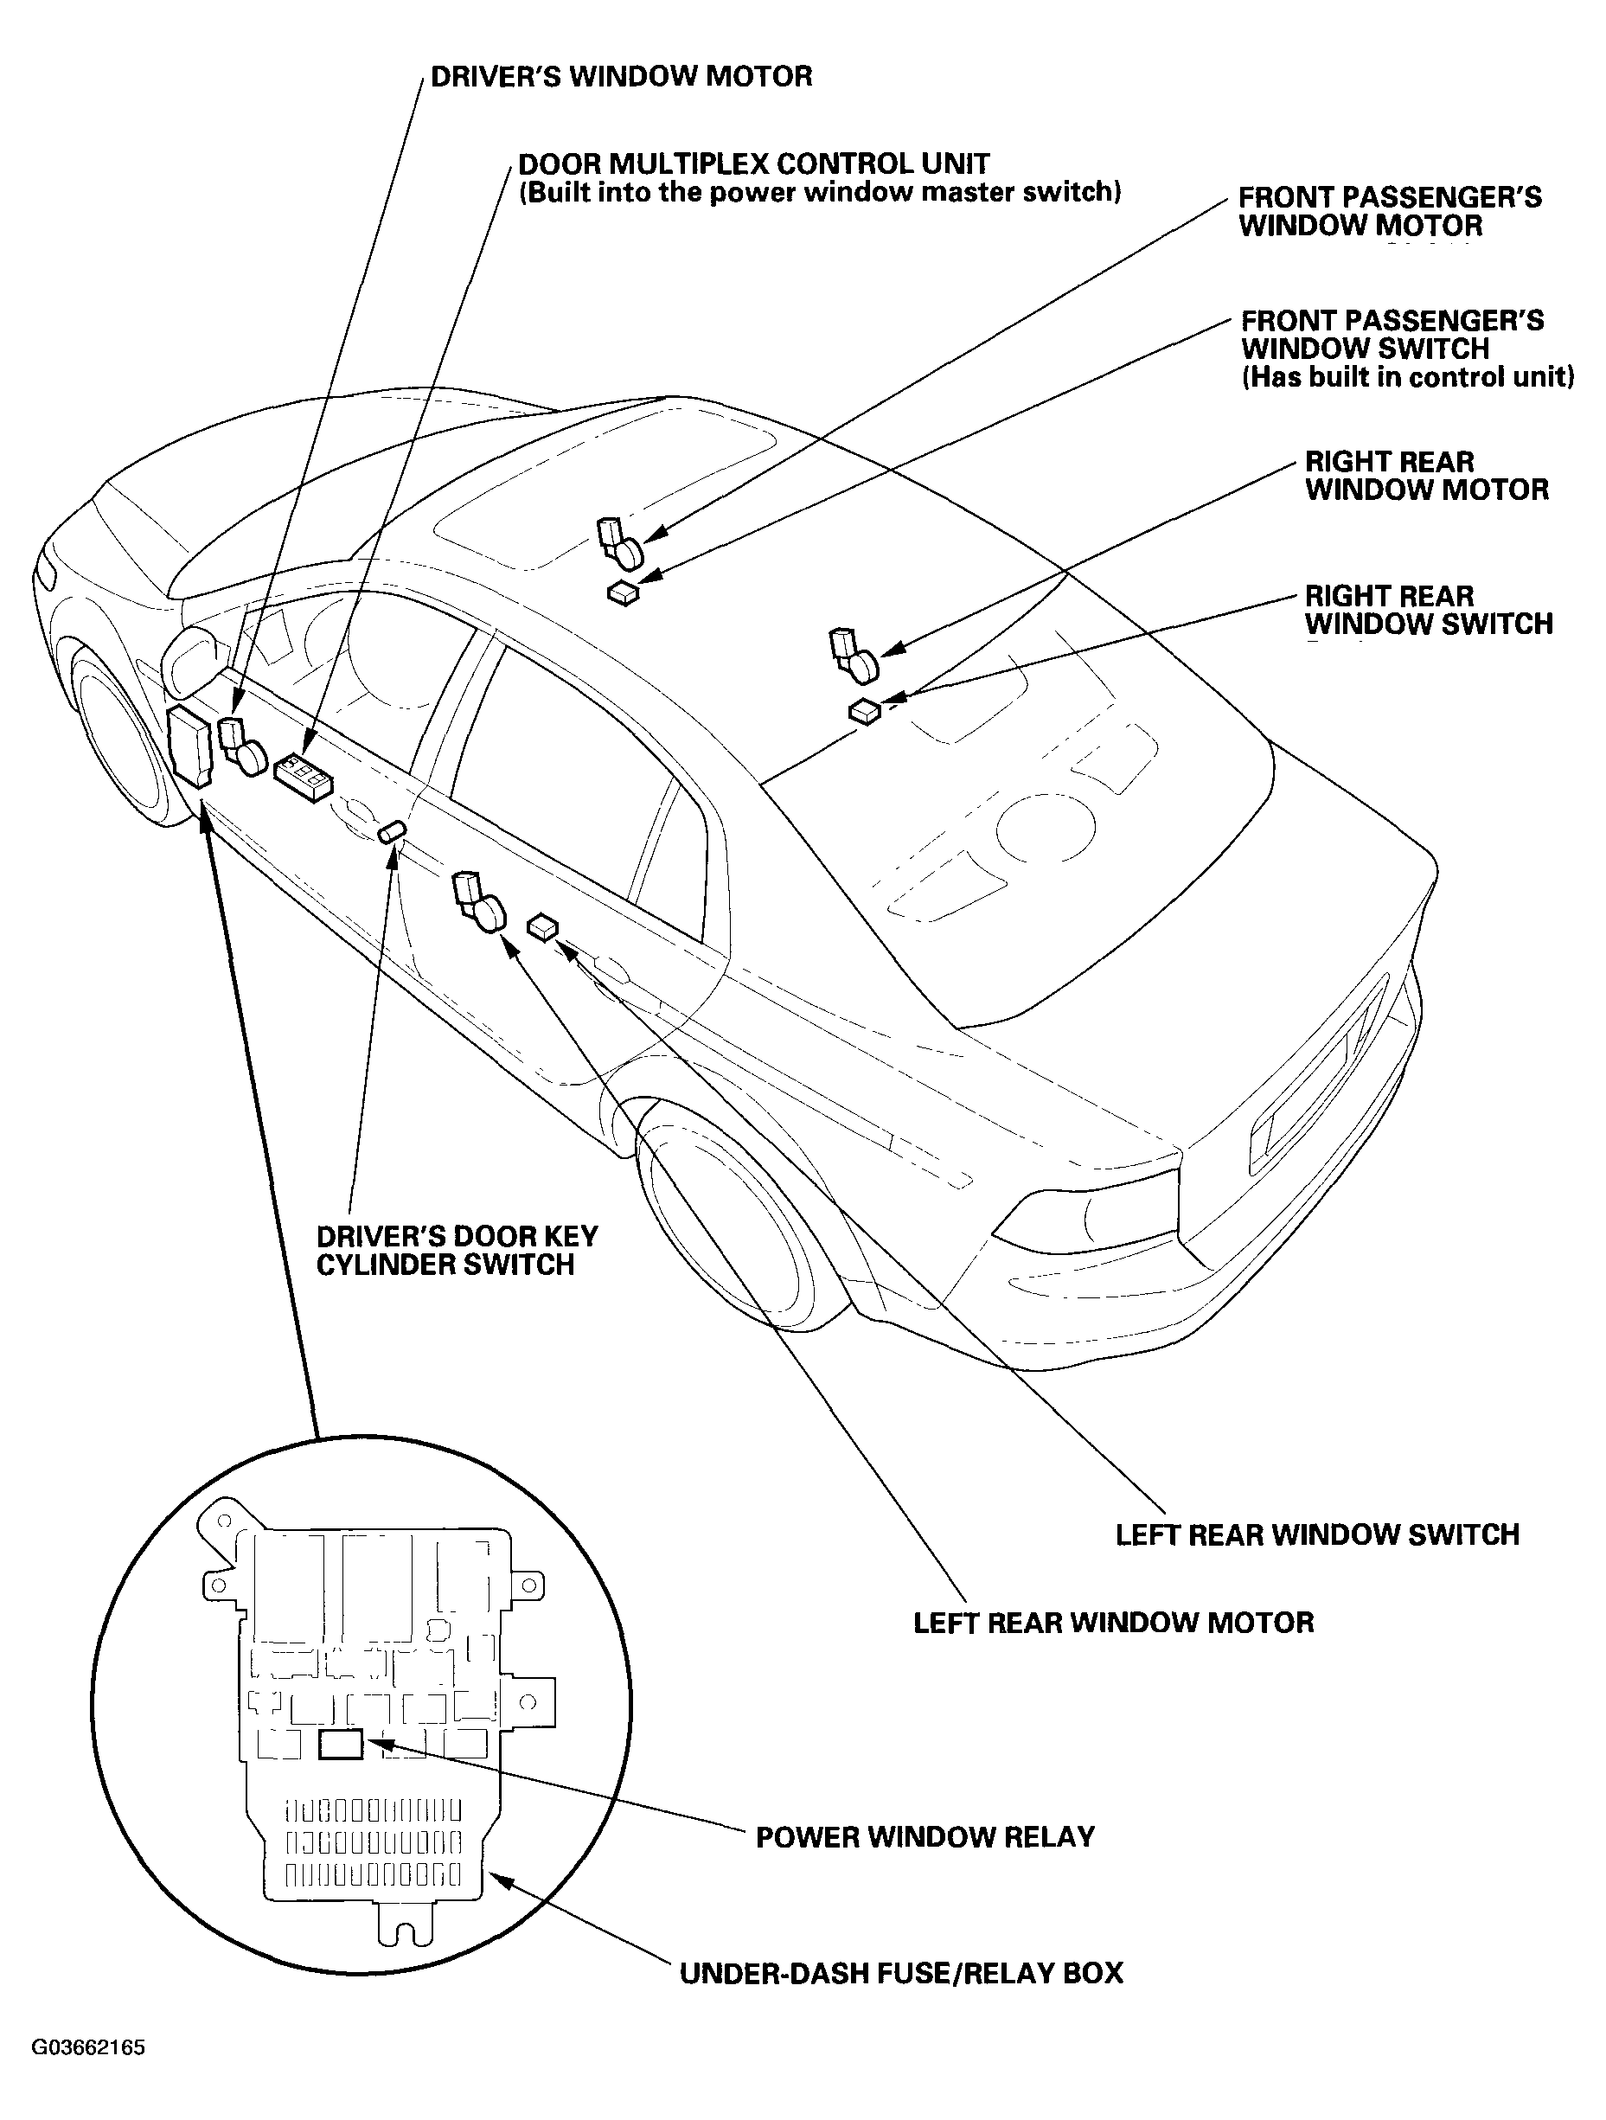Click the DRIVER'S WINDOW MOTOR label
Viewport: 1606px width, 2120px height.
pos(621,77)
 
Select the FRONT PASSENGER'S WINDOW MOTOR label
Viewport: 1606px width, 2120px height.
pos(1390,212)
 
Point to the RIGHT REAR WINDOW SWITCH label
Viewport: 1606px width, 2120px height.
pos(1428,610)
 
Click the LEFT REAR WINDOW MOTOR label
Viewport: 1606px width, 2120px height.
pos(1113,1623)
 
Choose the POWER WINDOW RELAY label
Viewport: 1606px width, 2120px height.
pos(925,1836)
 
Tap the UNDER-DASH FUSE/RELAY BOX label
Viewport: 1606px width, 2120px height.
pos(901,1973)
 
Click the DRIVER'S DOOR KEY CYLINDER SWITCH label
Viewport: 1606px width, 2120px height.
pos(457,1250)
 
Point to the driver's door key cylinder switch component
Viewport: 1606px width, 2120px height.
pos(393,831)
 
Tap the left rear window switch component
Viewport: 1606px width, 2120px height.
pos(542,926)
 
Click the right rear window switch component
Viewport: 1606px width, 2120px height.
pos(864,711)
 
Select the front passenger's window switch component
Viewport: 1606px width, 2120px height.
pos(623,593)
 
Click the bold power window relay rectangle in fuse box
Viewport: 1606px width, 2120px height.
pos(340,1745)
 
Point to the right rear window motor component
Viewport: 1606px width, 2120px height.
pos(854,656)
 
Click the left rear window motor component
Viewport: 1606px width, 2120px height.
pos(478,902)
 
